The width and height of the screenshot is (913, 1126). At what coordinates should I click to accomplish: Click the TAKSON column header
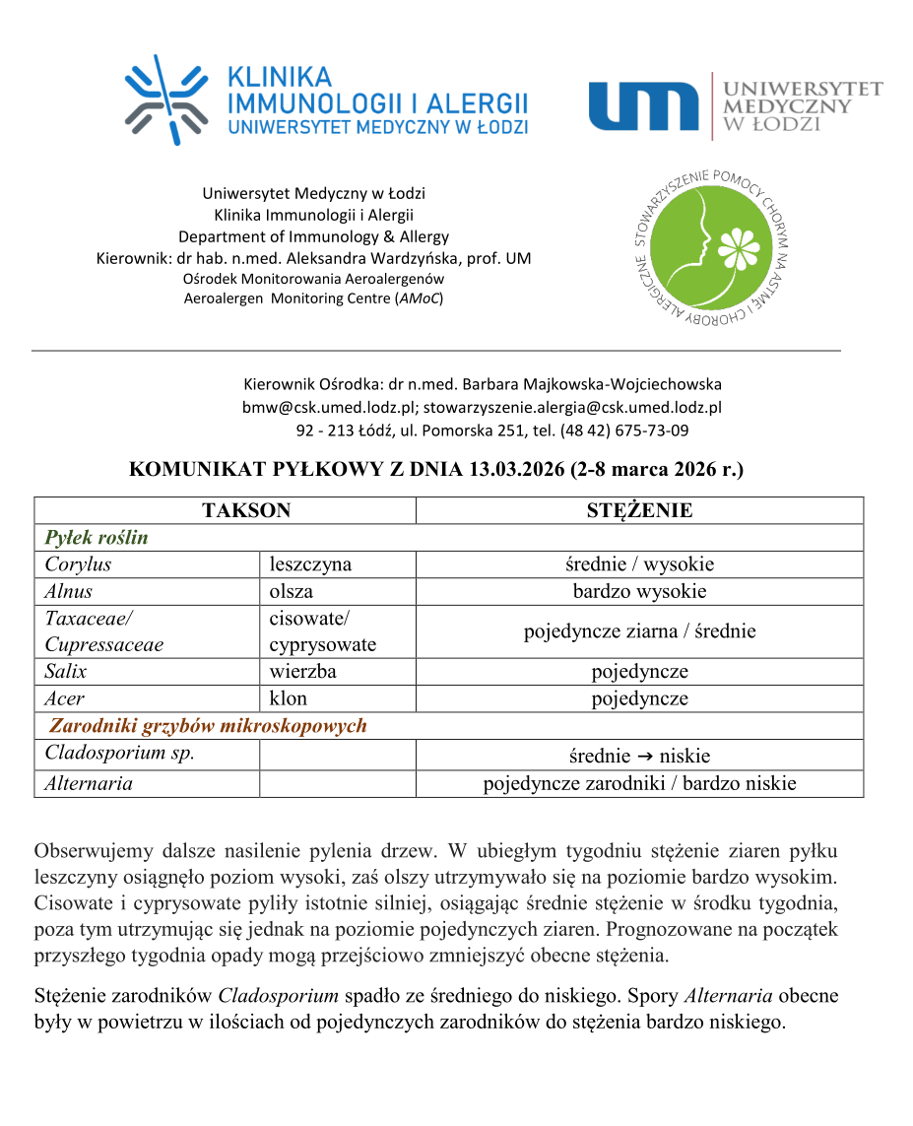[x=246, y=510]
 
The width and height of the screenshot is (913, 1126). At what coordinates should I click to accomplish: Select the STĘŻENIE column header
[x=639, y=510]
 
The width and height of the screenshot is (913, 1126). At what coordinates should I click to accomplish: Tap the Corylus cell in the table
[x=78, y=564]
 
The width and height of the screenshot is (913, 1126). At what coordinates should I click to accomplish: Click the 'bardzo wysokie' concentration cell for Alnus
[x=639, y=591]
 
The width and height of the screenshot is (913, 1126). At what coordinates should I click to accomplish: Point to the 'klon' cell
[x=289, y=698]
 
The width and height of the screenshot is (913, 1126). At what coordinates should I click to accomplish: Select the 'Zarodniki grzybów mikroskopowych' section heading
[x=208, y=726]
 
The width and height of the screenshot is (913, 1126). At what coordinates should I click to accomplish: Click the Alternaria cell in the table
[x=89, y=784]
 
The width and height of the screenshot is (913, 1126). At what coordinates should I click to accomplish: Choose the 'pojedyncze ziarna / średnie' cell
[x=639, y=631]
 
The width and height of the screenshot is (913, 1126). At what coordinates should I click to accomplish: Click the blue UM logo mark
[x=644, y=106]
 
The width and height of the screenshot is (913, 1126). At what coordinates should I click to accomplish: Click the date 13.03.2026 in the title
[x=514, y=470]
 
